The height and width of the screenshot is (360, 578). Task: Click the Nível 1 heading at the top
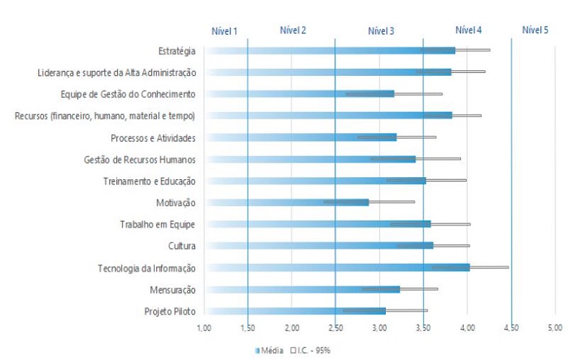click(224, 31)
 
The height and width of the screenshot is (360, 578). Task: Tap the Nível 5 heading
click(535, 30)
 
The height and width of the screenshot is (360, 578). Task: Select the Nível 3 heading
click(381, 31)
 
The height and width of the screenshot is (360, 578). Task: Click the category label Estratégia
click(176, 51)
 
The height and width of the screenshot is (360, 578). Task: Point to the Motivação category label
click(176, 203)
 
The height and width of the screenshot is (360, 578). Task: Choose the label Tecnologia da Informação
click(147, 268)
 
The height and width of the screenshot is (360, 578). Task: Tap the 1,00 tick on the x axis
click(204, 329)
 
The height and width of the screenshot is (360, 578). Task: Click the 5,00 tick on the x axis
click(555, 329)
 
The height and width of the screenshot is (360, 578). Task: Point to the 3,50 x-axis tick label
click(423, 329)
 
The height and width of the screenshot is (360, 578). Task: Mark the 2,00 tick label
click(292, 329)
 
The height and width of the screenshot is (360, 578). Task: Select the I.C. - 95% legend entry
click(313, 350)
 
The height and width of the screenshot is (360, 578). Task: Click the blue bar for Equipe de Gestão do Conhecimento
click(299, 93)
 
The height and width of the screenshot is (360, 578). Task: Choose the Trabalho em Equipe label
click(158, 225)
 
